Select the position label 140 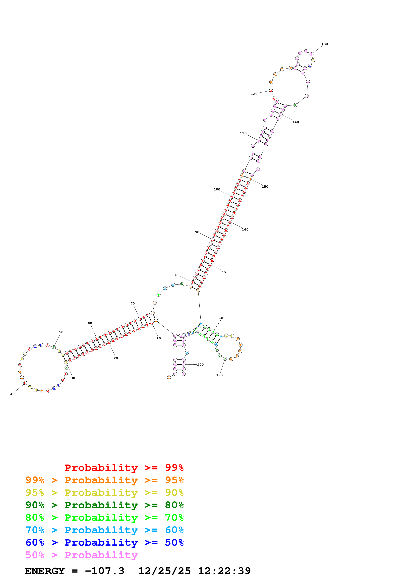point(295,122)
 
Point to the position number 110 point(243,133)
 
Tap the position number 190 point(219,375)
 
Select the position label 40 point(12,394)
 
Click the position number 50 point(61,332)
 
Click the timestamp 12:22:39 point(224,571)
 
